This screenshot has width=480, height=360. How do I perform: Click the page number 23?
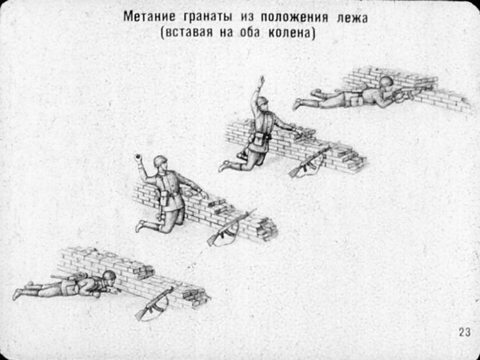[464, 332]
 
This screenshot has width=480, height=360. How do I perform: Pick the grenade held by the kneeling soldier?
[137, 158]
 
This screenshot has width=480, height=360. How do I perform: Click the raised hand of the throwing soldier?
[262, 80]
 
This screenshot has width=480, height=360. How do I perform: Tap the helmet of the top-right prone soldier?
[385, 81]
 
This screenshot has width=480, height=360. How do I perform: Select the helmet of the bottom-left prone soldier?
[109, 275]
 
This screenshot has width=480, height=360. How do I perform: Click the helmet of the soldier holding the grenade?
[160, 160]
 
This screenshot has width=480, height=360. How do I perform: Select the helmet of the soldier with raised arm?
[263, 101]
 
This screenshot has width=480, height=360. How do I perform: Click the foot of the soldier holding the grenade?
[139, 226]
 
